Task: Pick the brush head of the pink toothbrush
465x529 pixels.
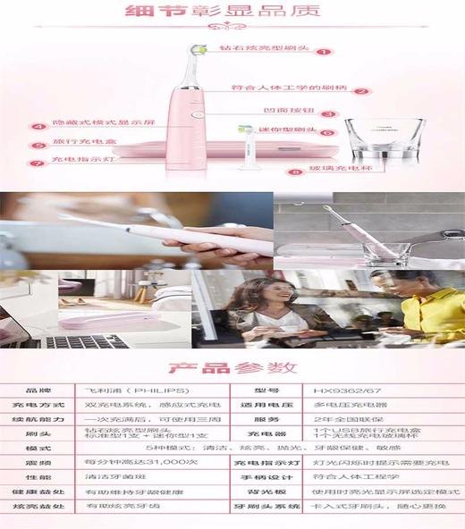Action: point(202,53)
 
